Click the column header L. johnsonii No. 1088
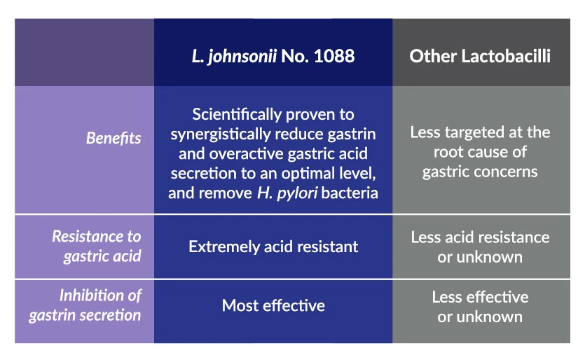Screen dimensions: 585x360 [x=273, y=56]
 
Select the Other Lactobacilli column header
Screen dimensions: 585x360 [x=480, y=56]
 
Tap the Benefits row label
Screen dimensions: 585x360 [x=113, y=138]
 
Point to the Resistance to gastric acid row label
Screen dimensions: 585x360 [x=96, y=247]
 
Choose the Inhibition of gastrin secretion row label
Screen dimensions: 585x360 [x=85, y=305]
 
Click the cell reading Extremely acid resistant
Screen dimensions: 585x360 [x=273, y=247]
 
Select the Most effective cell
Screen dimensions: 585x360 [x=273, y=305]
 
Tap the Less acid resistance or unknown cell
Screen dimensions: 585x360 [x=480, y=247]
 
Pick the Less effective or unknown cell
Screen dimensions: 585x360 [x=480, y=307]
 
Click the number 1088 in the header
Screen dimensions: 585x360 [x=334, y=56]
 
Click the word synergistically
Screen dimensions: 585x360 [x=221, y=134]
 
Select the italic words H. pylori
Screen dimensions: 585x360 [x=287, y=193]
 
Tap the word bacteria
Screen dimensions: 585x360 [x=350, y=193]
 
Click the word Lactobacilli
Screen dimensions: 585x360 [x=506, y=56]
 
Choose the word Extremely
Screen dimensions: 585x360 [x=224, y=247]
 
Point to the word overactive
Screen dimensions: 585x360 [x=246, y=153]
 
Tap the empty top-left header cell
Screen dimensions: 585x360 [x=84, y=53]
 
